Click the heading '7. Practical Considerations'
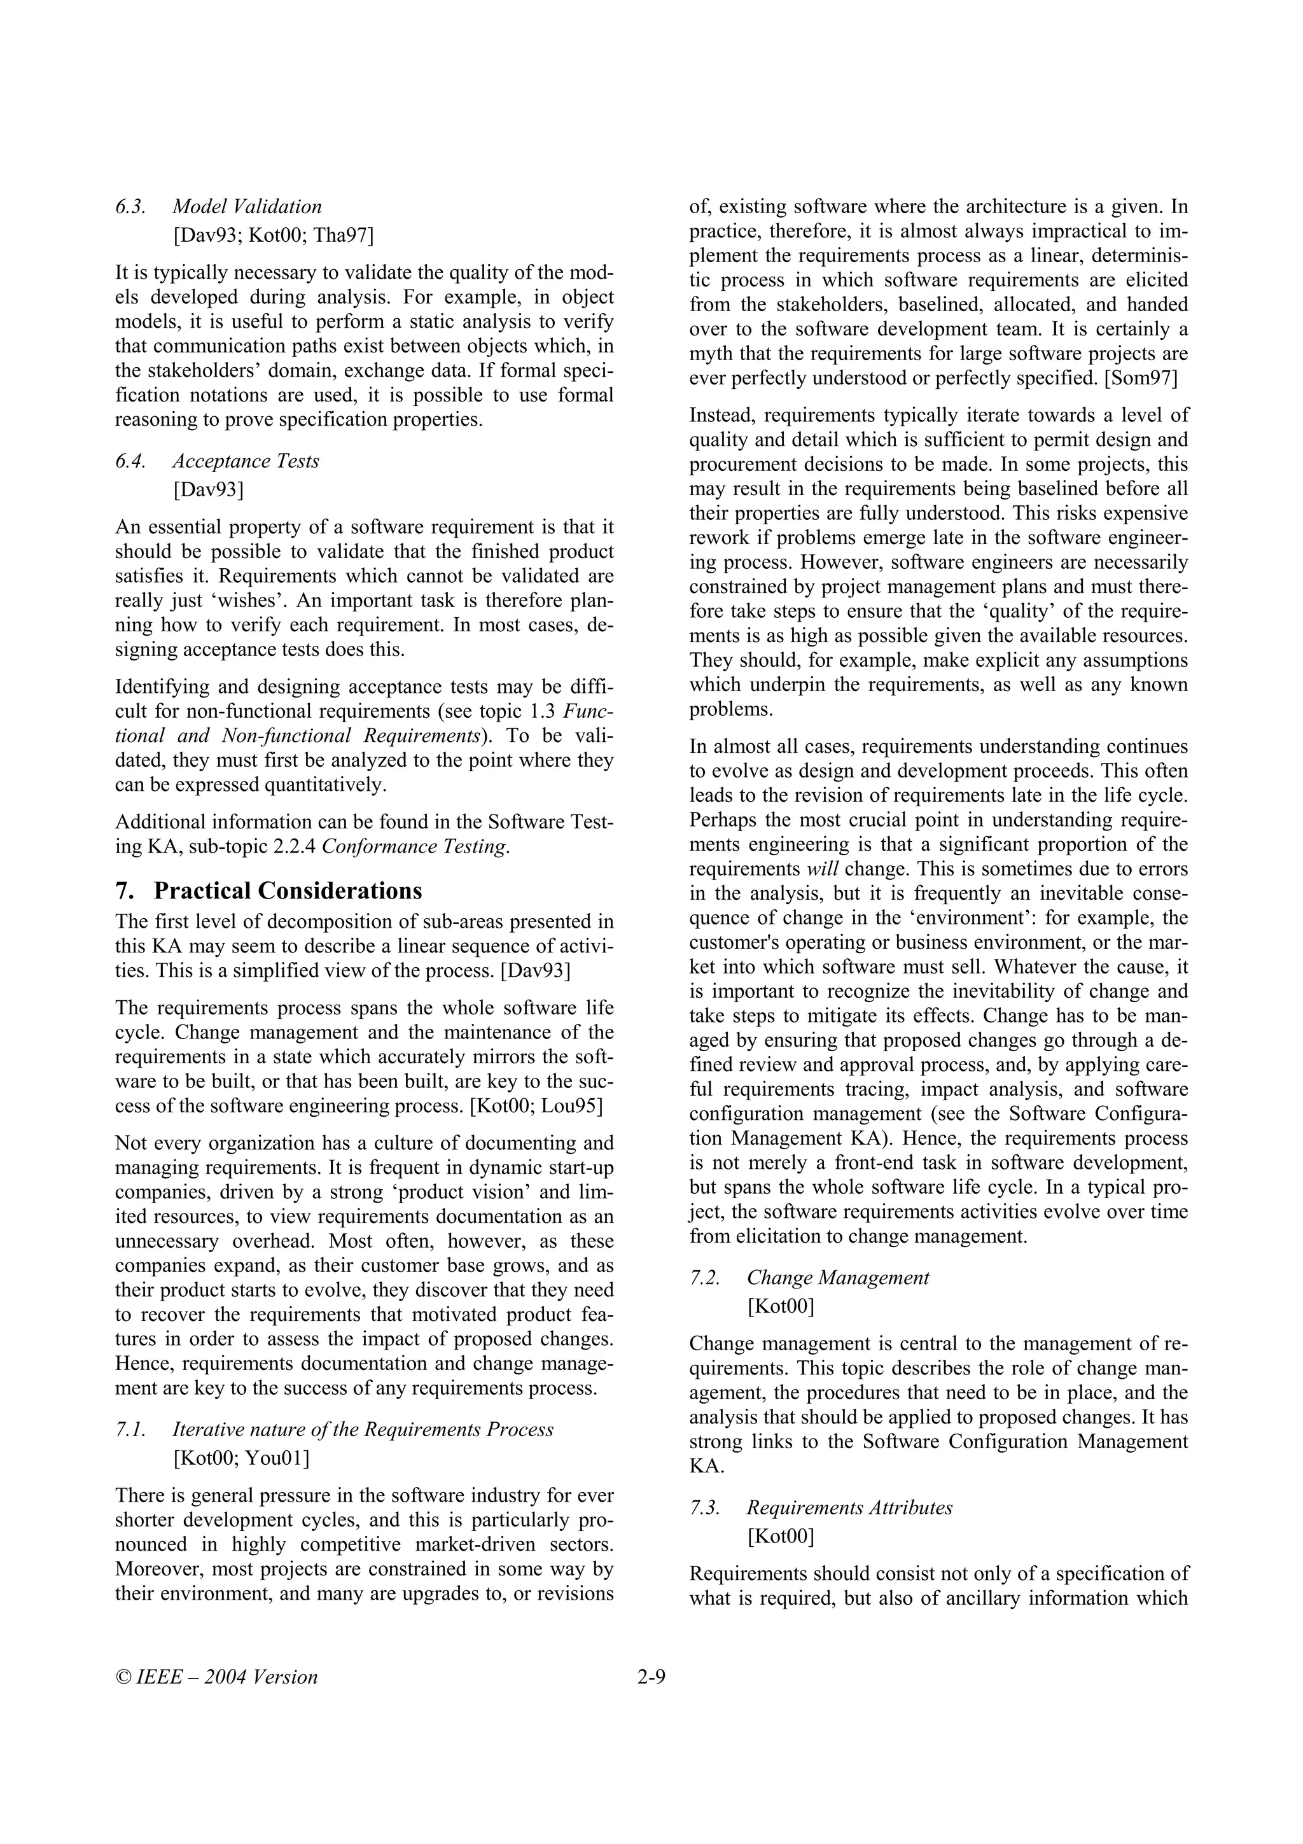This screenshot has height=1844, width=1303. [x=269, y=891]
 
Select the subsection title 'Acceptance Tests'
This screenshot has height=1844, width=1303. [x=246, y=461]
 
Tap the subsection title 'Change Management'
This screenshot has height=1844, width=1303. [x=838, y=1278]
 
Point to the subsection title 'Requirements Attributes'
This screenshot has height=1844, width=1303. [x=849, y=1507]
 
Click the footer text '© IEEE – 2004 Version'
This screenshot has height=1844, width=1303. [x=217, y=1677]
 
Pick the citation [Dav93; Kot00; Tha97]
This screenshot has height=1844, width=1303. [x=273, y=235]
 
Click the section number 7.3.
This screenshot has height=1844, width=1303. [x=705, y=1507]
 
